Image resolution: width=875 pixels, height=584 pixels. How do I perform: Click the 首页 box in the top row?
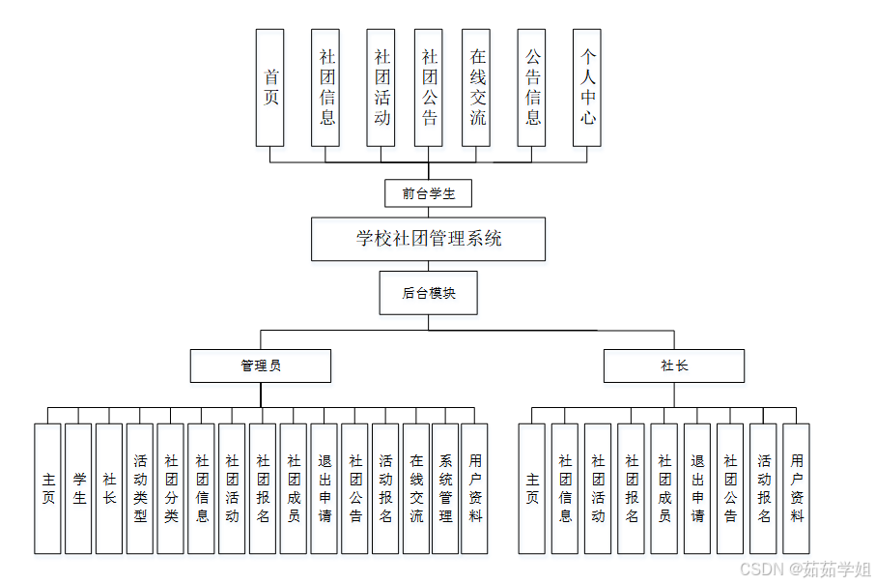pos(270,87)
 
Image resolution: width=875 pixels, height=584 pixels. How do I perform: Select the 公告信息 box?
pos(532,87)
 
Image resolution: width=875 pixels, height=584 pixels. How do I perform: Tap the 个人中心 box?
pos(587,87)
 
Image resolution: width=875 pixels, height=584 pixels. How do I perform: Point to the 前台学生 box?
pos(428,193)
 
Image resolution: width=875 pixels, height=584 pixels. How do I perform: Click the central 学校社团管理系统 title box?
pos(428,239)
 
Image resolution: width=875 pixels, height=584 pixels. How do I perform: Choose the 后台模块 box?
pos(428,293)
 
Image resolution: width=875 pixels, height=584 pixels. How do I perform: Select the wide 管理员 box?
pos(261,365)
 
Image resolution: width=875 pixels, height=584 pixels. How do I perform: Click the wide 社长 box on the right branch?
pos(674,365)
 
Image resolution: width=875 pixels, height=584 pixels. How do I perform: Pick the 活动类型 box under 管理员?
pos(140,488)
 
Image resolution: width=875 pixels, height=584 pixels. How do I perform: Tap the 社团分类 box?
pos(171,488)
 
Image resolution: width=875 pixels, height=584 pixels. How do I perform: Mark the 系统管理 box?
pos(445,488)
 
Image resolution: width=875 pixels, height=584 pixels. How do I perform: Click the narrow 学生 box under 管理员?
pos(79,488)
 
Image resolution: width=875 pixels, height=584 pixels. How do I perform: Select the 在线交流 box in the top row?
pos(477,87)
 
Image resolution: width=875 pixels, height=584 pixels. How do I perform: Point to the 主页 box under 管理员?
pos(48,488)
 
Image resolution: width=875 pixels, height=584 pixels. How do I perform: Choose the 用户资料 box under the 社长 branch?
pos(796,488)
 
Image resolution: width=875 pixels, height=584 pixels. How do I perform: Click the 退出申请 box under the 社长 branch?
pos(697,488)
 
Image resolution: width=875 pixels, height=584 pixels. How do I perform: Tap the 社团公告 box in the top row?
pos(429,87)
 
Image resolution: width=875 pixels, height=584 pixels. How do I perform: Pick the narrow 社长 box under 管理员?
pos(109,488)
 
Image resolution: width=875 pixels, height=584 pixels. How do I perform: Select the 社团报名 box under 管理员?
pos(263,488)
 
